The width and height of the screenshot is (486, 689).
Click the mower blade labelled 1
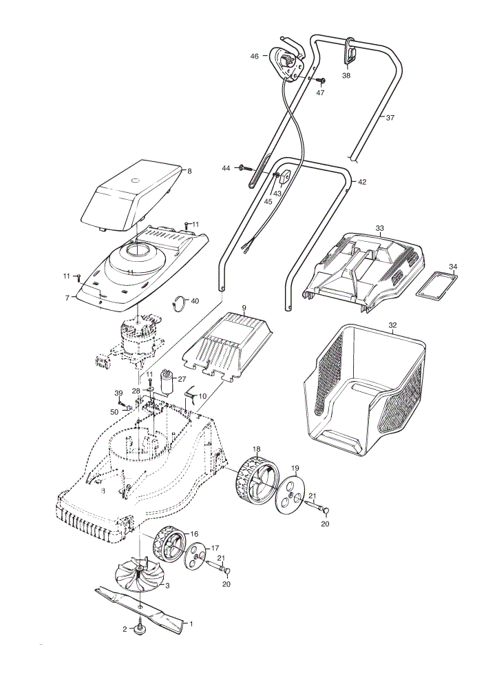pos(140,607)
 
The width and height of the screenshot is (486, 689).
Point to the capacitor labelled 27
pos(167,381)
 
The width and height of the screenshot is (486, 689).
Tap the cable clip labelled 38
pos(350,51)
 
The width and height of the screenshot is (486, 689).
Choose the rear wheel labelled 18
pos(255,480)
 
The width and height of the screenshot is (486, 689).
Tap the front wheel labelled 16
pos(170,546)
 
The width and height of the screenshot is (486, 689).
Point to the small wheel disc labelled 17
pos(196,556)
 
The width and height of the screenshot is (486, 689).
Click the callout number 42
pos(362,182)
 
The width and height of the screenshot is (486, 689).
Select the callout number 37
pos(390,117)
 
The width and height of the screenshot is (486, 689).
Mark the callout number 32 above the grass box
pos(392,325)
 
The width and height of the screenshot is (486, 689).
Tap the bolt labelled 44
pos(246,168)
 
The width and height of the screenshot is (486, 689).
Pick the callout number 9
pos(244,307)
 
